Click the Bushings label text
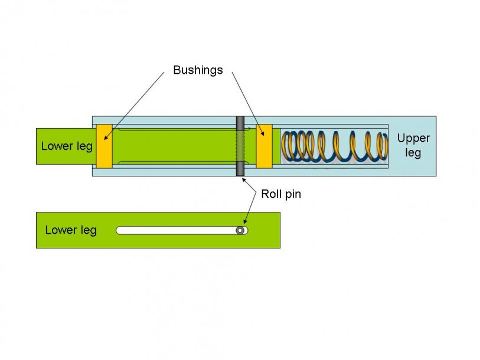coord(198,70)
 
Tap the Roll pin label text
coord(280,194)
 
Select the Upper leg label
coord(413,146)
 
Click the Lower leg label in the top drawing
coord(67,146)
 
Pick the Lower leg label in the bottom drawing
coord(70,230)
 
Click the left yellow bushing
coord(104,146)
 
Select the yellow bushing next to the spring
coord(264,146)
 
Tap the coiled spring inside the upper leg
coord(334,146)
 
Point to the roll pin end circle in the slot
coord(240,230)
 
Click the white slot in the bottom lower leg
coord(177,230)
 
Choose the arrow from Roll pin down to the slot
coord(249,211)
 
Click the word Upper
coord(413,139)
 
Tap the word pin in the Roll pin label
coord(291,194)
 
